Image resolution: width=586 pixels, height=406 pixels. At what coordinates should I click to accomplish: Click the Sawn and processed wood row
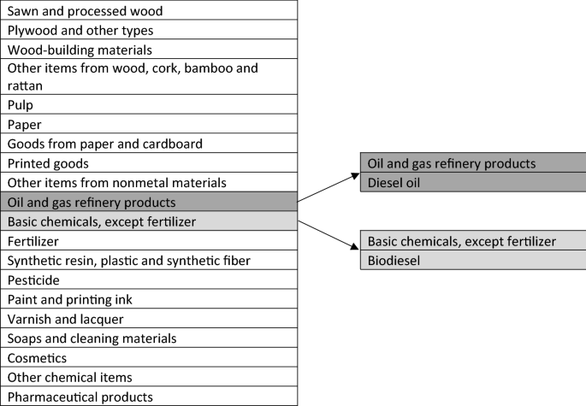click(149, 11)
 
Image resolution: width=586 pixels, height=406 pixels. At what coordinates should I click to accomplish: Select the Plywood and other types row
click(149, 31)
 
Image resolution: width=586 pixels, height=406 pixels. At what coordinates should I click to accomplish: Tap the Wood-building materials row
click(149, 50)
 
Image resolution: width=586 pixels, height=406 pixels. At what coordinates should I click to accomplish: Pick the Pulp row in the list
click(149, 105)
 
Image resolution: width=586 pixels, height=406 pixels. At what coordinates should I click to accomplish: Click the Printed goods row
click(149, 163)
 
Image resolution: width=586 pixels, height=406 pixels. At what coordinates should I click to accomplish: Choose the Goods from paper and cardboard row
click(149, 144)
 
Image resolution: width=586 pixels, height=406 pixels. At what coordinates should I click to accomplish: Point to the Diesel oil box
click(472, 182)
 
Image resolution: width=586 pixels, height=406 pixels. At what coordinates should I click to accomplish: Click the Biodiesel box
click(472, 260)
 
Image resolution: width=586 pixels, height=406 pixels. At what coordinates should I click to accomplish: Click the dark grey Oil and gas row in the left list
click(149, 203)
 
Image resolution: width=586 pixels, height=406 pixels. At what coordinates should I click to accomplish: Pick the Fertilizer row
click(149, 242)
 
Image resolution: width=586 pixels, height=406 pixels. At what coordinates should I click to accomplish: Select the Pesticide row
click(149, 280)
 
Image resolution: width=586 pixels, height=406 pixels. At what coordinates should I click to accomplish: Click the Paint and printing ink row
click(149, 300)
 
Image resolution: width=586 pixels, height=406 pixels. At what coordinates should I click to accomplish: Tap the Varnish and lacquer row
click(149, 319)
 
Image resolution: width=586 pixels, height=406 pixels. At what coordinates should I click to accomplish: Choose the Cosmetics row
click(149, 358)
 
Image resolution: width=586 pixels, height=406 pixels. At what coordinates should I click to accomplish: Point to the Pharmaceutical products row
click(149, 397)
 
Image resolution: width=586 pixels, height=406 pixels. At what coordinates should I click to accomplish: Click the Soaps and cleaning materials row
click(149, 338)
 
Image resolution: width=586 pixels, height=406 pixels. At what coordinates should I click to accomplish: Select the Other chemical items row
click(149, 377)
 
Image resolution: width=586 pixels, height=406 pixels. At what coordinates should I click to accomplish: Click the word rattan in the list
click(26, 86)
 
